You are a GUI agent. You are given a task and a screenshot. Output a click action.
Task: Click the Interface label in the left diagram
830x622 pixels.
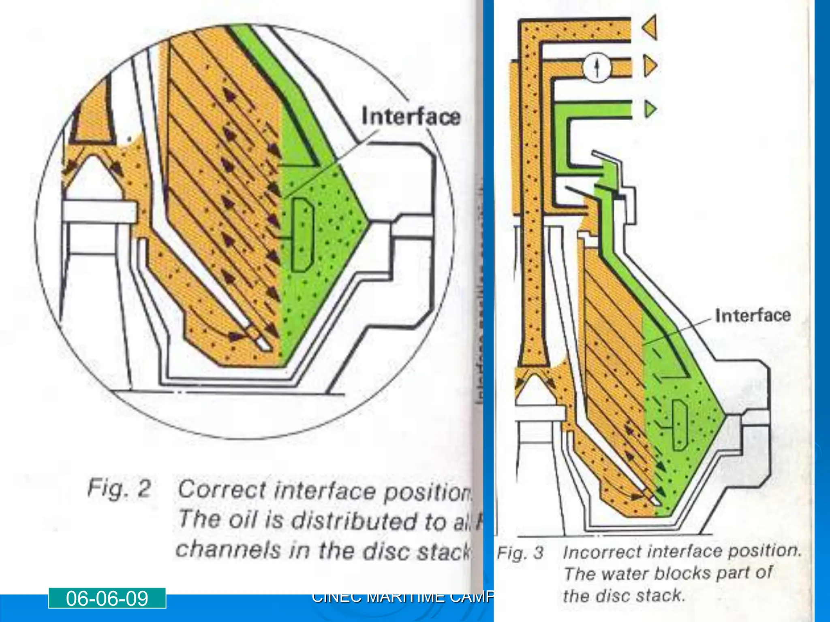tap(411, 117)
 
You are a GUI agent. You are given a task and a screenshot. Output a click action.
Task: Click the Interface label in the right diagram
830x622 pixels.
tap(753, 315)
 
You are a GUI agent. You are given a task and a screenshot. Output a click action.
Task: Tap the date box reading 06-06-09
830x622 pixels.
tap(107, 599)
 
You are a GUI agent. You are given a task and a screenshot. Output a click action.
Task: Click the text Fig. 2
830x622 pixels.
tap(119, 488)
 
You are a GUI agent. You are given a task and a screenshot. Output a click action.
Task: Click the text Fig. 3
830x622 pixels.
tap(520, 553)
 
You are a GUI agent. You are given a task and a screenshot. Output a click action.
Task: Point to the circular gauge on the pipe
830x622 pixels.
tap(597, 67)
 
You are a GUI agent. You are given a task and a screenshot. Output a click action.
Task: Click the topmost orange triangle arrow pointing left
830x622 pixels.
tap(650, 28)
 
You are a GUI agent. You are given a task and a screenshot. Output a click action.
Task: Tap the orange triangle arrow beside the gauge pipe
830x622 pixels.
tap(650, 66)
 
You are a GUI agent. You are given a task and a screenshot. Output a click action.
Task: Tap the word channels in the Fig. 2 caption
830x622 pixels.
tap(227, 550)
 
